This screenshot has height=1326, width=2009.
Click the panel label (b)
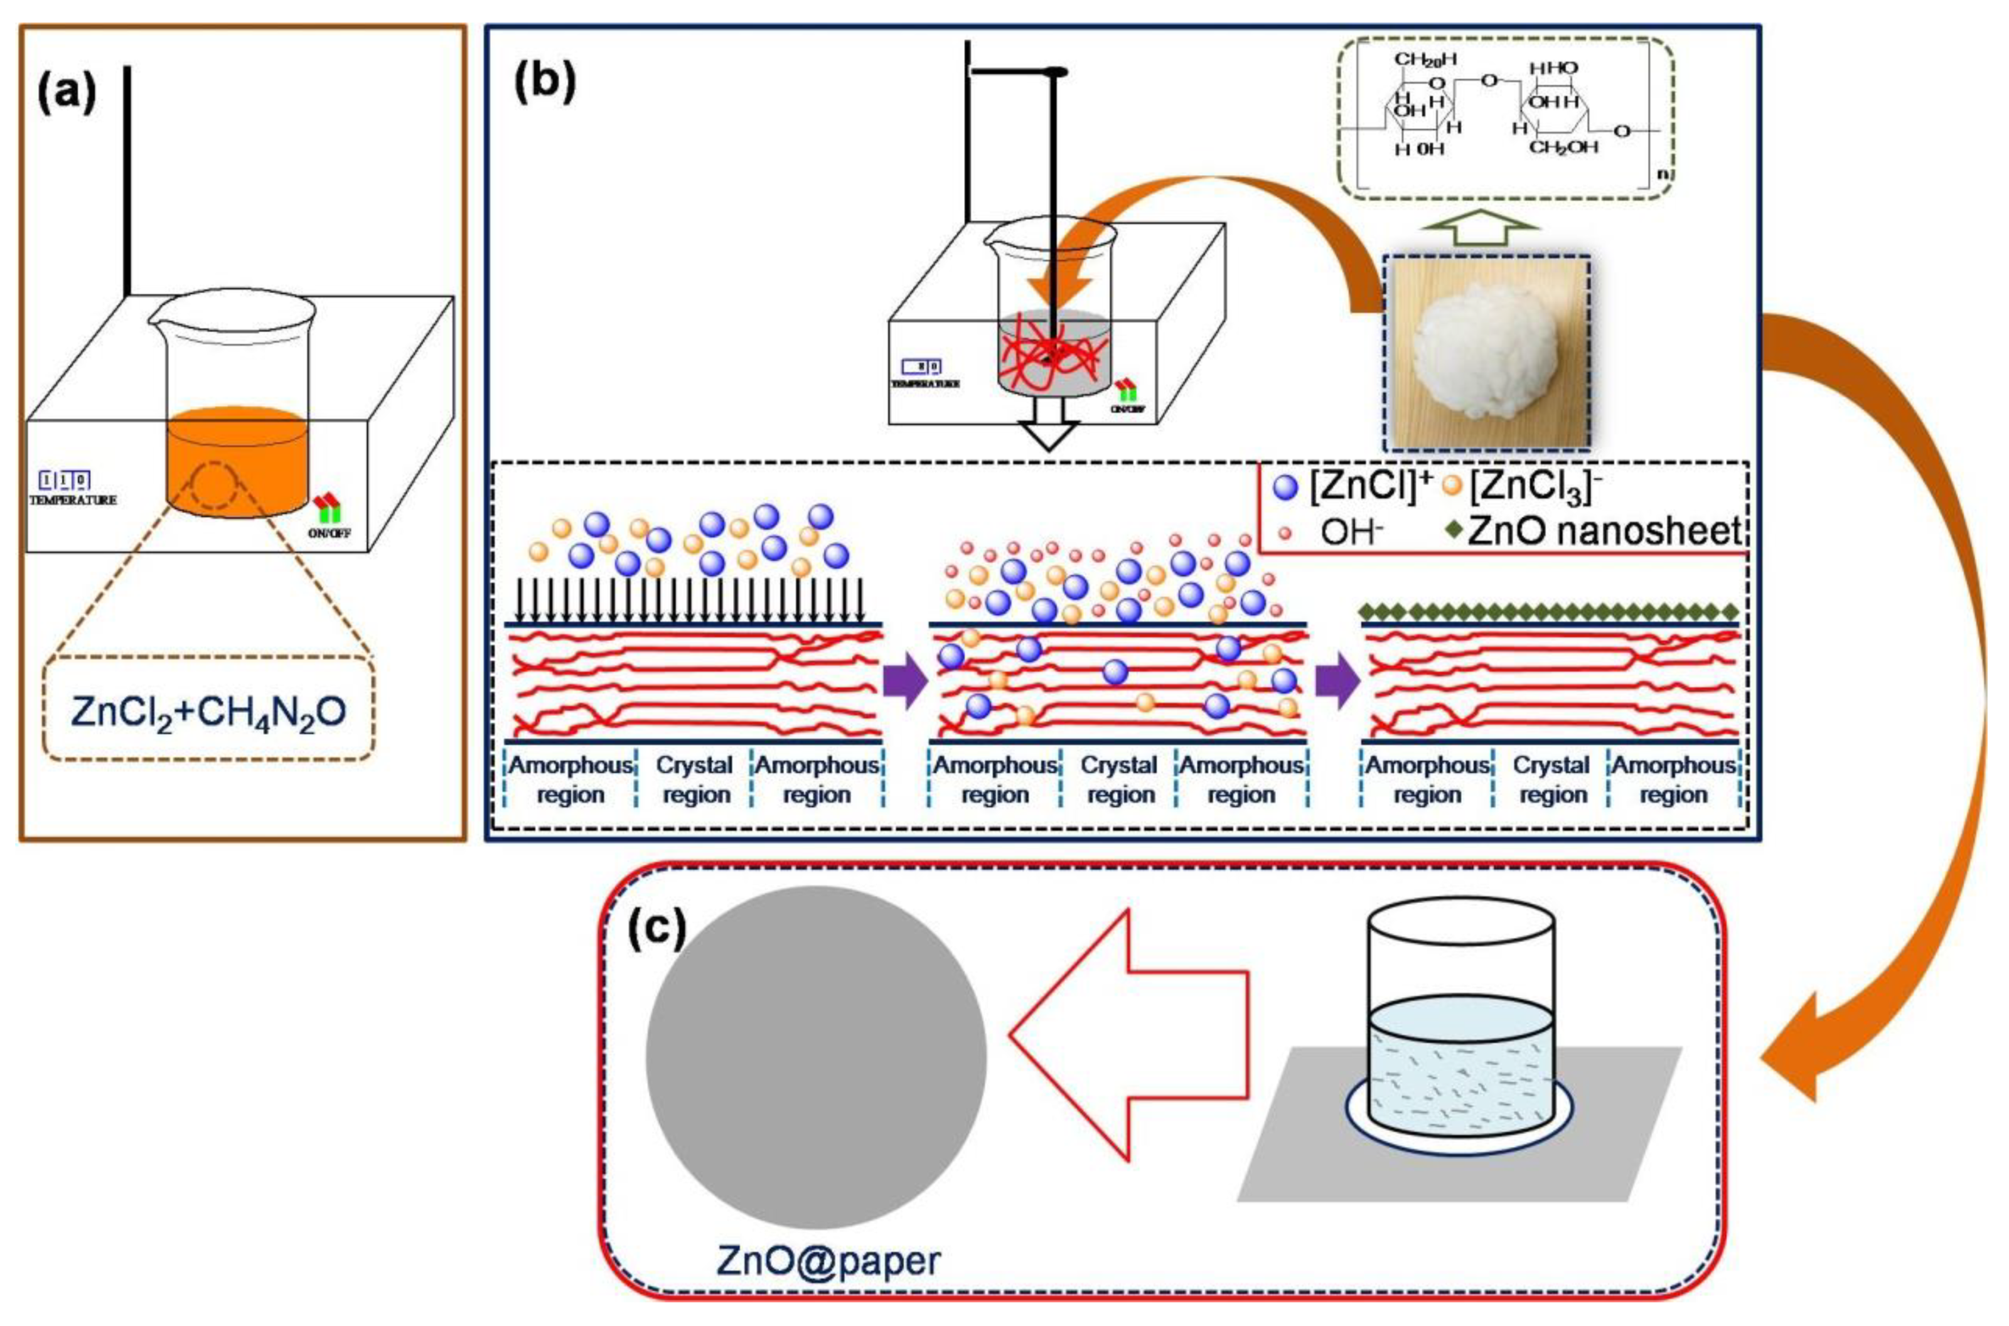pos(545,83)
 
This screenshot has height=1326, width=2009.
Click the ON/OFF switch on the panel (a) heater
pos(328,510)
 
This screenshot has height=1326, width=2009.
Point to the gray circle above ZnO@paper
pos(815,1057)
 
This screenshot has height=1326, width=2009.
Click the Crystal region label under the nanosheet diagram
pos(1551,779)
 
